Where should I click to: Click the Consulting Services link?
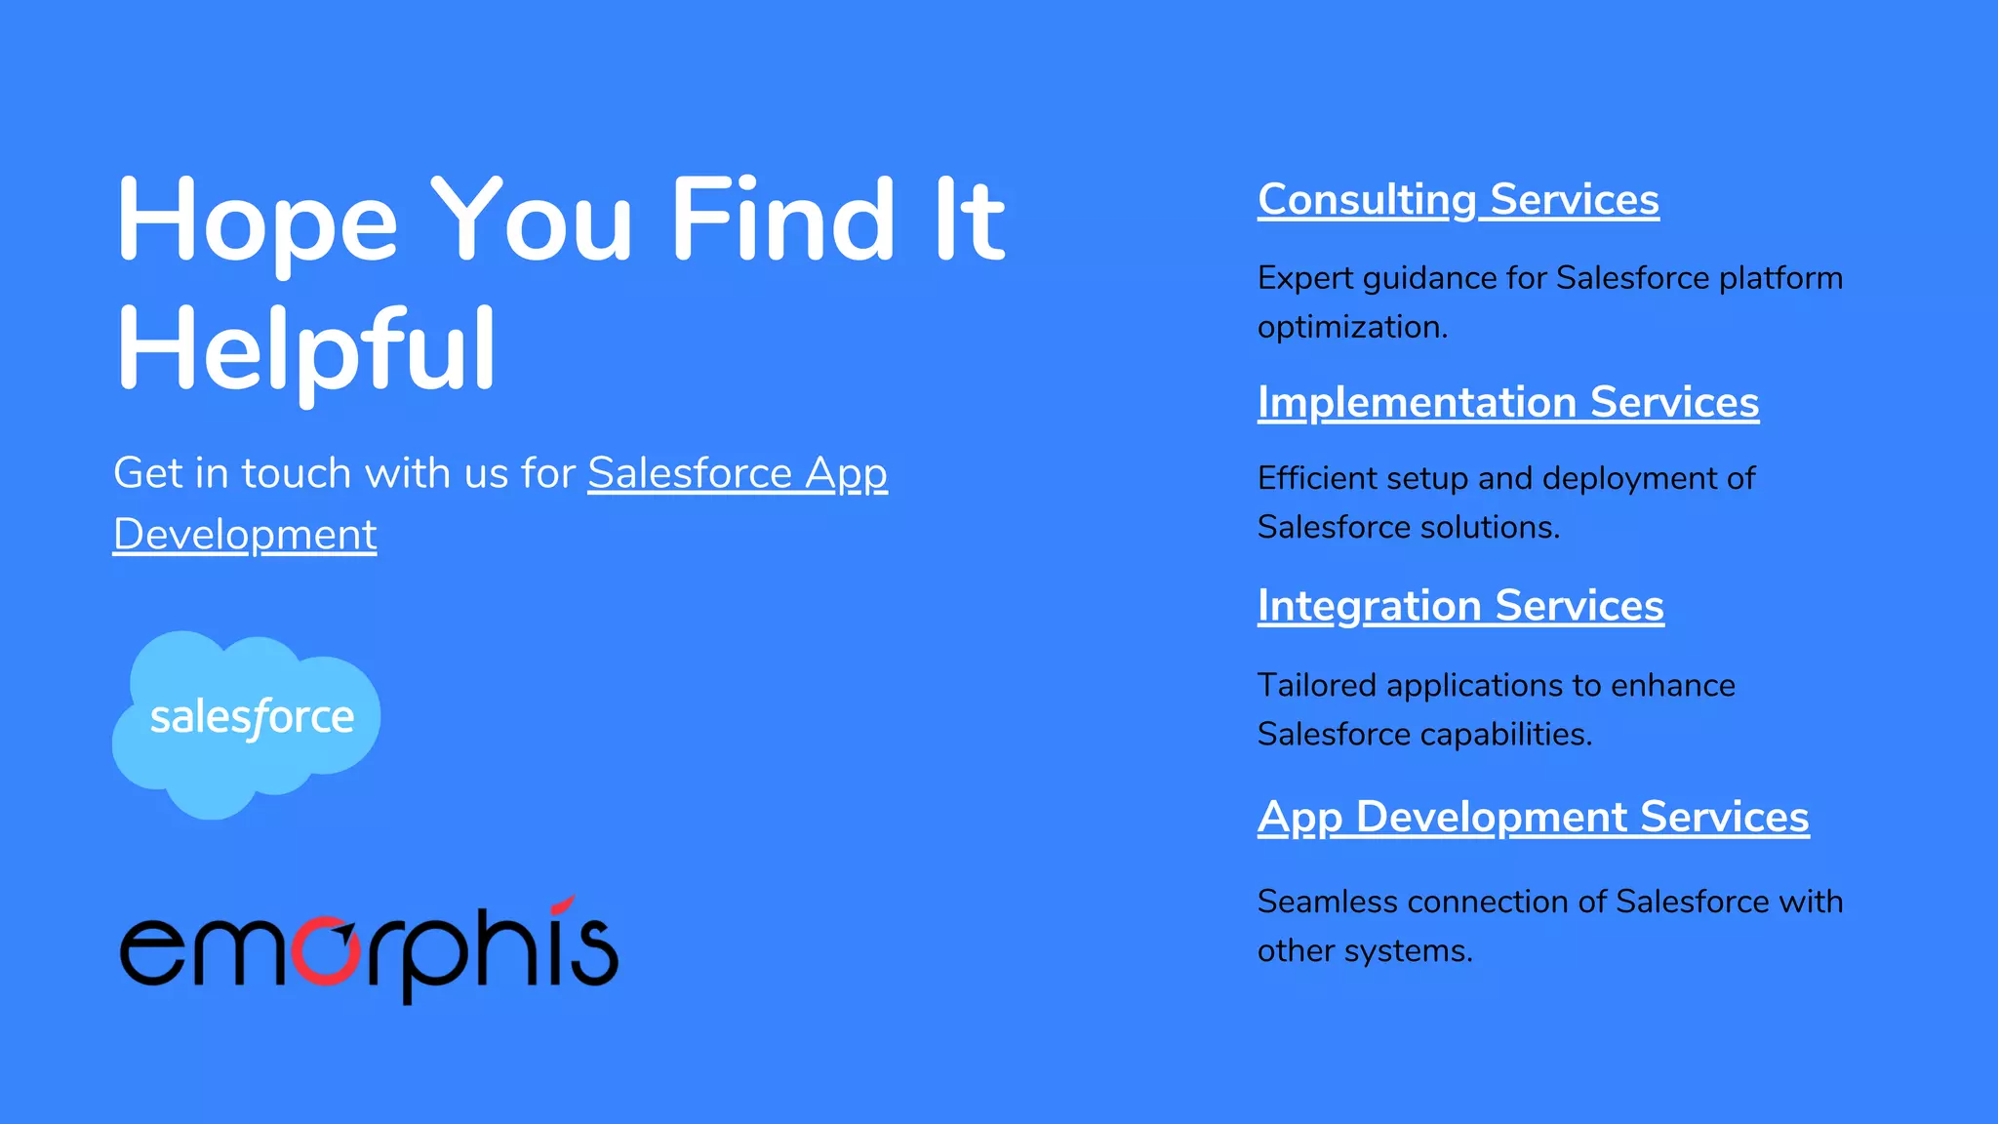tap(1458, 200)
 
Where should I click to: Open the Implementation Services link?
tap(1507, 402)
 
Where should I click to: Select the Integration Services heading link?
tap(1460, 606)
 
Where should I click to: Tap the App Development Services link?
tap(1533, 818)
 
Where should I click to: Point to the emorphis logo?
tap(369, 948)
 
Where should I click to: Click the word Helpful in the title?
tap(306, 349)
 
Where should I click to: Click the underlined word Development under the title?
tap(245, 535)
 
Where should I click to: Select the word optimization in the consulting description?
tap(1351, 327)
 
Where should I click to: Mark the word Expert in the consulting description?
tap(1304, 278)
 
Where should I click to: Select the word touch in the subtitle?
tap(296, 473)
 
